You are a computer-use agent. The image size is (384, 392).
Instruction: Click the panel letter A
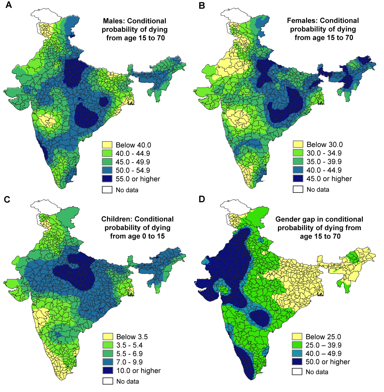(9, 5)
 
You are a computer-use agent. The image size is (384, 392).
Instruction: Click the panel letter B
(202, 5)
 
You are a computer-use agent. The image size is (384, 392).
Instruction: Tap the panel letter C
(7, 199)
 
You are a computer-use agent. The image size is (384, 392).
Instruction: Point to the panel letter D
(202, 199)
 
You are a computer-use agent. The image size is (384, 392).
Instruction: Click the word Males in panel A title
(114, 21)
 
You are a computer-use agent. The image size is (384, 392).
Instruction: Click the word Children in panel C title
(116, 219)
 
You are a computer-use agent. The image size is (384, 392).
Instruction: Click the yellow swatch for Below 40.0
(107, 145)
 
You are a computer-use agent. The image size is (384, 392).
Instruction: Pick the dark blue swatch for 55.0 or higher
(107, 179)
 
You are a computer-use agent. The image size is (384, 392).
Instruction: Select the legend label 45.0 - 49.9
(133, 162)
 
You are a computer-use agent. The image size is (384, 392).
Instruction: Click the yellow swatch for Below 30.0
(298, 144)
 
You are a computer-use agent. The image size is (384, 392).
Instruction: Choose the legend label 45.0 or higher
(329, 179)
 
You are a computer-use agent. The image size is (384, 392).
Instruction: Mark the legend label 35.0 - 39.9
(324, 162)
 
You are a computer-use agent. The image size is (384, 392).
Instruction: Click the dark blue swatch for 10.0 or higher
(108, 370)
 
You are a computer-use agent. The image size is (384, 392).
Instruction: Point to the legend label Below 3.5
(132, 337)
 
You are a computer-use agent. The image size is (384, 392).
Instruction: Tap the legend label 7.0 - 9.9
(129, 362)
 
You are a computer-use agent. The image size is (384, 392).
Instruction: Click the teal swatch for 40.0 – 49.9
(297, 353)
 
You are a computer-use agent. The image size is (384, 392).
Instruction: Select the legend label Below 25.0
(323, 337)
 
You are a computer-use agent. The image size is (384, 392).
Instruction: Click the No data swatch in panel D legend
(297, 371)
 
